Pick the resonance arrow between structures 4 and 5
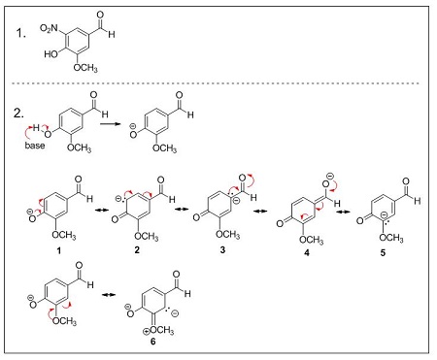(x=346, y=208)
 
